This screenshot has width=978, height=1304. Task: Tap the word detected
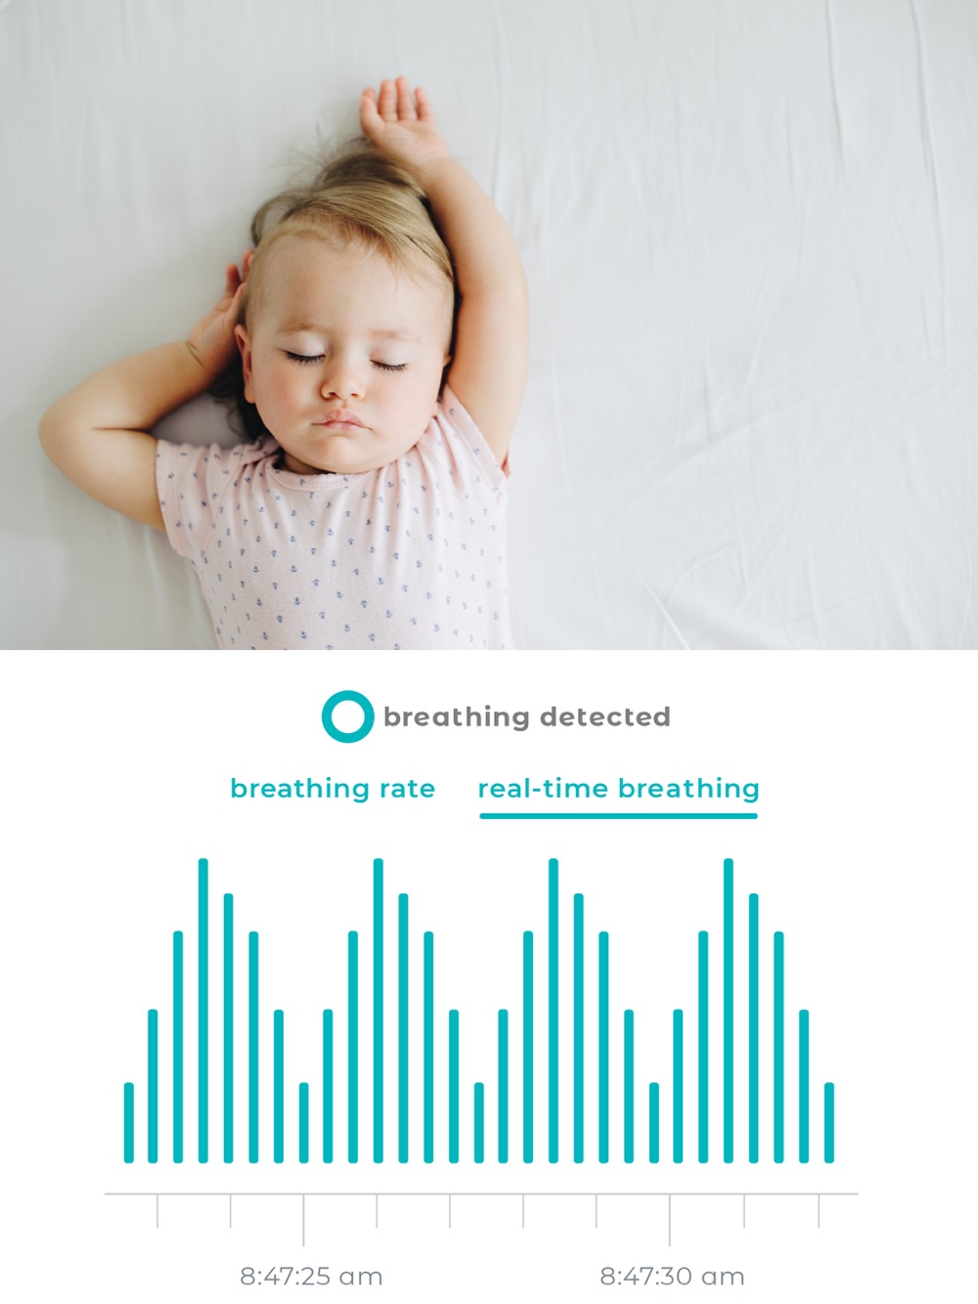tap(604, 717)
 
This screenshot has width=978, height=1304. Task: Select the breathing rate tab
tap(333, 789)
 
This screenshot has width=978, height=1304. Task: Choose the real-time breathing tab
tap(618, 789)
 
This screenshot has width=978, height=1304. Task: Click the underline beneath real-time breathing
tap(618, 816)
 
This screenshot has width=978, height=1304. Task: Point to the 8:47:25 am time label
tap(311, 1276)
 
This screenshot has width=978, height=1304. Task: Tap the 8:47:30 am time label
tap(672, 1276)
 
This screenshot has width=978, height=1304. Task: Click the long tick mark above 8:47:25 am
tap(303, 1220)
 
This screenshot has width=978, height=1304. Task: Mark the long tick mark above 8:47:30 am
tap(670, 1220)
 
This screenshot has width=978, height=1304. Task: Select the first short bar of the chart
tap(129, 1122)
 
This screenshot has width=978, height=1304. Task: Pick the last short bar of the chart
tap(829, 1122)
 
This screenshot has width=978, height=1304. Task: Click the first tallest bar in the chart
tap(203, 1010)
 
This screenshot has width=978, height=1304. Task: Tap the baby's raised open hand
tap(399, 119)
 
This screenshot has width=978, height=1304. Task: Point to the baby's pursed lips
tap(338, 418)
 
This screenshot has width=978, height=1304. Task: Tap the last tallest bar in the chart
tap(729, 1010)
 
